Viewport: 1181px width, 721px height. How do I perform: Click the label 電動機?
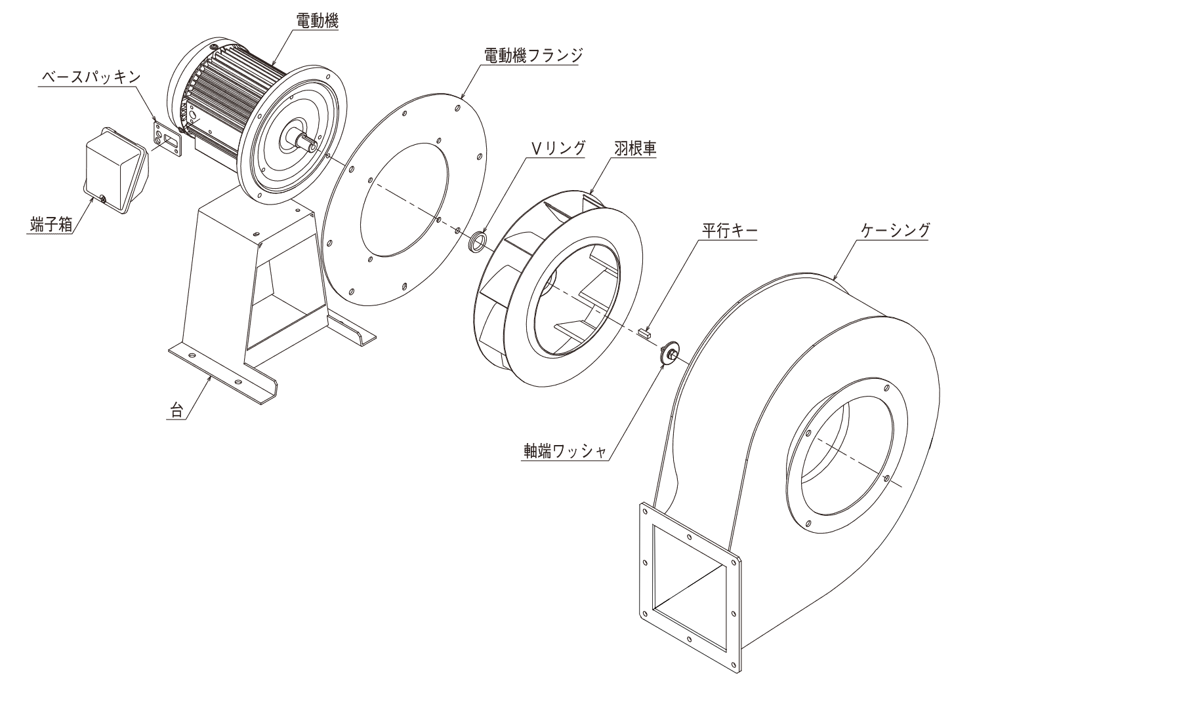pos(318,21)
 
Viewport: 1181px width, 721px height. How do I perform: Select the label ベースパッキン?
pos(91,77)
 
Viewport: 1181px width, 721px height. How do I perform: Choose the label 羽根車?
pos(636,148)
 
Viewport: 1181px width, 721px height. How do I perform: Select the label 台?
pos(176,411)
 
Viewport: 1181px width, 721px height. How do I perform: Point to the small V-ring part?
pos(478,241)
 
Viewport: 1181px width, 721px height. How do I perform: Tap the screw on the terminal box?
pos(103,197)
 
